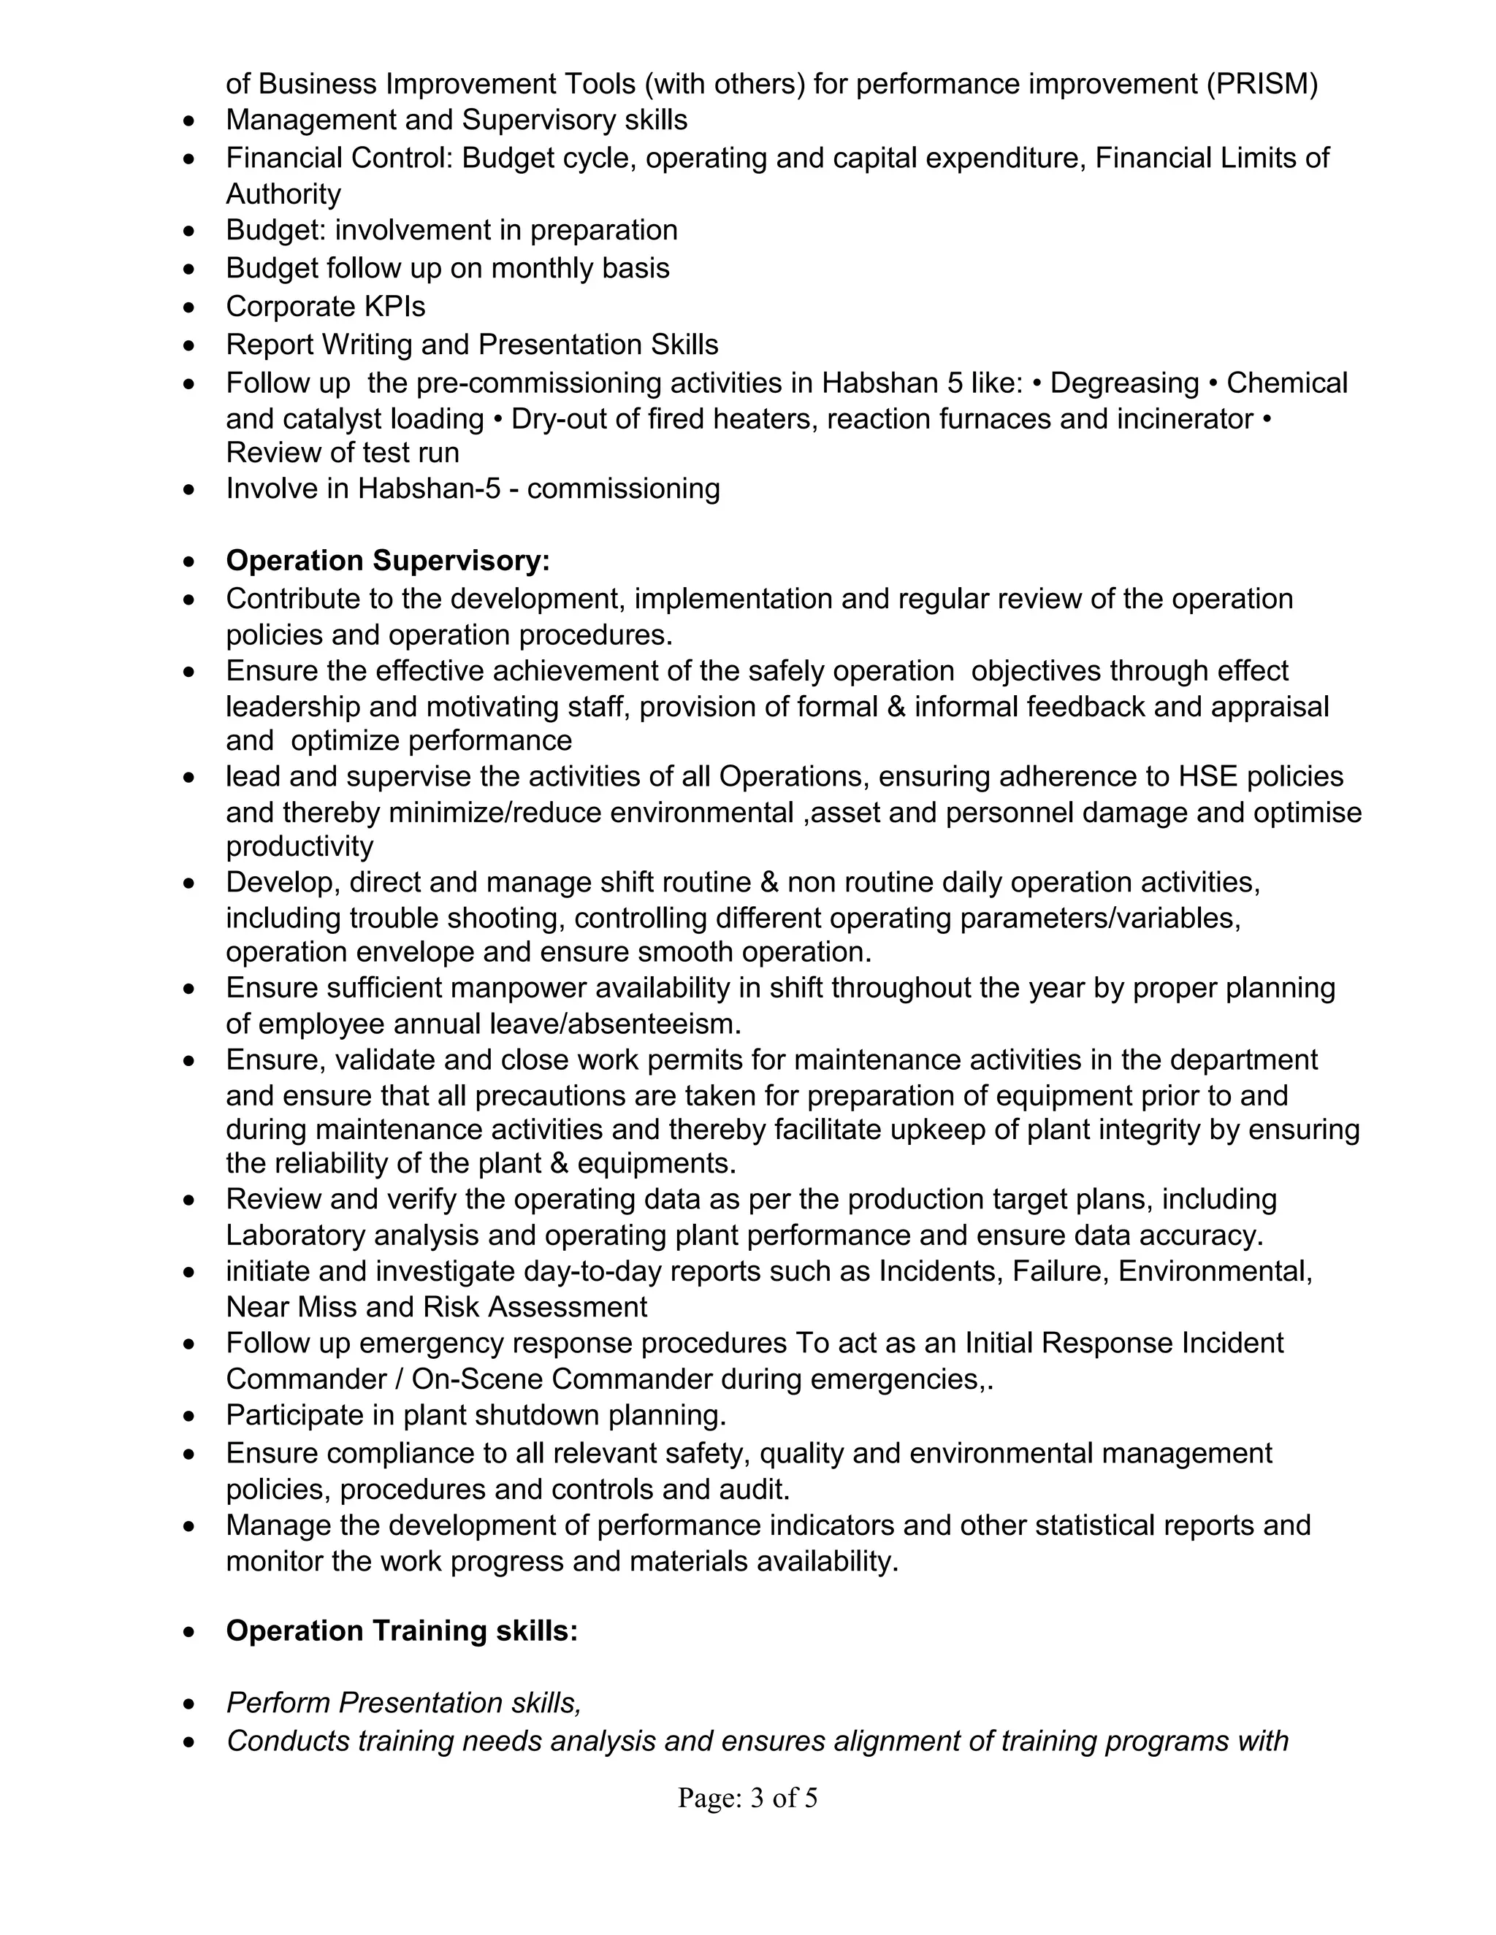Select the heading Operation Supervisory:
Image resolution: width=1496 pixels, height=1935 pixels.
pyautogui.click(x=387, y=561)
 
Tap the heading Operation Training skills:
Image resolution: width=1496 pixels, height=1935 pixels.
pyautogui.click(x=402, y=1631)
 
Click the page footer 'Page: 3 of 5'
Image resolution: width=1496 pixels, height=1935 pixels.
pyautogui.click(x=747, y=1797)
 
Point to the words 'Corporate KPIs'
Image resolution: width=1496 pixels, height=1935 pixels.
pyautogui.click(x=325, y=307)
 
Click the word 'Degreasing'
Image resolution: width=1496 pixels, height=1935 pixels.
pyautogui.click(x=1123, y=383)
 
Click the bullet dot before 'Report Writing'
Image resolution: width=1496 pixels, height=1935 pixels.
pyautogui.click(x=188, y=345)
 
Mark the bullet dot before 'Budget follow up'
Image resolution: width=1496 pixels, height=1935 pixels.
pyautogui.click(x=188, y=269)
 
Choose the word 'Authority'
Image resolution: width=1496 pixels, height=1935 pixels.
pyautogui.click(x=283, y=194)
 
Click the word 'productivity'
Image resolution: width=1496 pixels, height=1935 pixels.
pyautogui.click(x=299, y=846)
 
